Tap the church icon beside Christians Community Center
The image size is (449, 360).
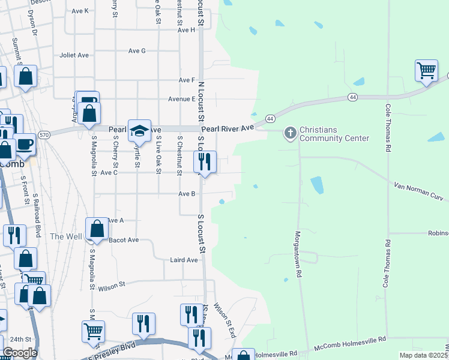pos(291,132)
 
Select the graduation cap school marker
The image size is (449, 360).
pos(139,130)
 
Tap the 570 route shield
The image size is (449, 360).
pos(44,135)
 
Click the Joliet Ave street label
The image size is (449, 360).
pos(74,55)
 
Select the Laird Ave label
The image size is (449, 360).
pos(184,260)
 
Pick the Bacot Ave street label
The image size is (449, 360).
pos(124,240)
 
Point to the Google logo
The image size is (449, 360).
pos(20,352)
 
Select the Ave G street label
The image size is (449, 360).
pos(137,51)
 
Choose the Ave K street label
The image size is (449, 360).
pos(79,11)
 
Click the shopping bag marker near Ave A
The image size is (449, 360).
pos(97,229)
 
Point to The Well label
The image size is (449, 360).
pos(66,236)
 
